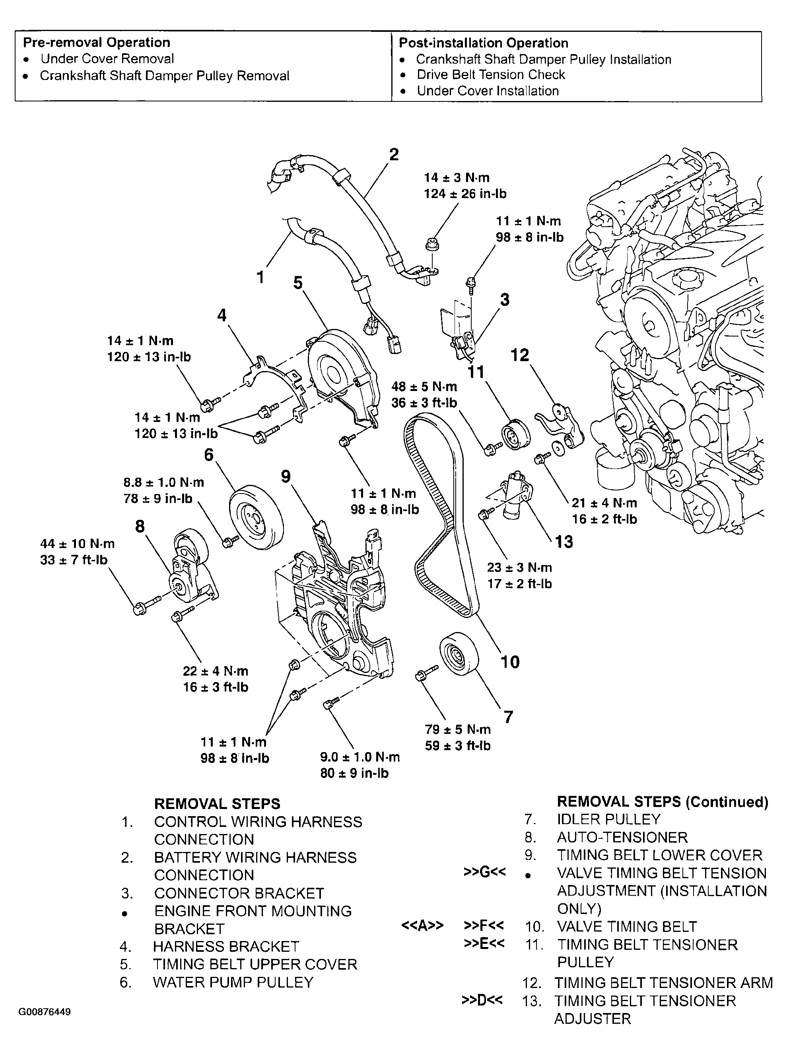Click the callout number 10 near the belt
click(510, 662)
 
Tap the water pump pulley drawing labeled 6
click(256, 518)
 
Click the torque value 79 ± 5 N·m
click(457, 729)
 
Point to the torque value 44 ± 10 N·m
click(77, 544)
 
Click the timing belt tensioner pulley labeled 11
click(515, 436)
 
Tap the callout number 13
click(564, 542)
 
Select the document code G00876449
click(45, 1011)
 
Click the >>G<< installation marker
click(484, 872)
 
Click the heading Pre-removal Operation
click(97, 43)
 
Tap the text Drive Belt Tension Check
click(491, 75)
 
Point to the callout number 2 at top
click(394, 154)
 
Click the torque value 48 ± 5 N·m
click(424, 387)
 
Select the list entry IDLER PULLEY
click(609, 819)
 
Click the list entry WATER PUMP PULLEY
click(233, 982)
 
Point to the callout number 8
click(140, 527)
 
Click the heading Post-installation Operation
click(484, 43)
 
